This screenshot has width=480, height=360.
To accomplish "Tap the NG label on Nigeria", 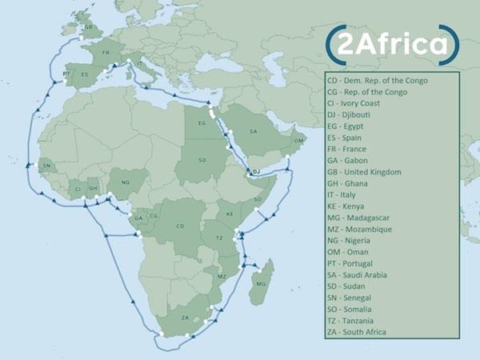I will tap(125, 182).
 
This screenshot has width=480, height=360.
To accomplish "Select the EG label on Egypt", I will tap(201, 126).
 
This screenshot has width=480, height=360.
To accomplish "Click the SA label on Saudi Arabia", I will tap(254, 131).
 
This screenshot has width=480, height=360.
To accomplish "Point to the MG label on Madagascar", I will tap(261, 283).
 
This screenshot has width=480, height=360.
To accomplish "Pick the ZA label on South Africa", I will tap(186, 318).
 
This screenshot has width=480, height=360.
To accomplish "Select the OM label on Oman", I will tap(299, 141).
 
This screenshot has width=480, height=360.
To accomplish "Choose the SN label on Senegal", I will tap(46, 166).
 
